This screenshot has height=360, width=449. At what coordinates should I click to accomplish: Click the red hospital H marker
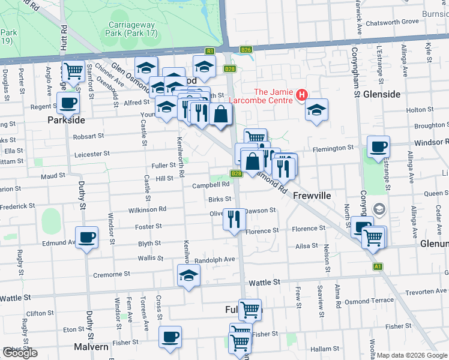pos(301,95)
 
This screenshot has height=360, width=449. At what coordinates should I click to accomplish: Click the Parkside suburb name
pos(66,120)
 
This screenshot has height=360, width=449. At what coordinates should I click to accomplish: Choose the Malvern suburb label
pos(91,347)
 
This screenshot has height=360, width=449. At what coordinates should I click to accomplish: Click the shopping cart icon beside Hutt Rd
pos(73,71)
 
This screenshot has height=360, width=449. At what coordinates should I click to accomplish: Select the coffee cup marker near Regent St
pos(68,102)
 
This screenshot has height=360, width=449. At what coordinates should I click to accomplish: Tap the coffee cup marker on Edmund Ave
pos(86,238)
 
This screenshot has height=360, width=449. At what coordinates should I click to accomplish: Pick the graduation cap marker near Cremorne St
pos(188,275)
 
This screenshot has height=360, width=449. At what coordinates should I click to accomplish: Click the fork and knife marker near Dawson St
pos(234,218)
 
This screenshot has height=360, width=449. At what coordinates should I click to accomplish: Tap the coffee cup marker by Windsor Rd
pos(378,146)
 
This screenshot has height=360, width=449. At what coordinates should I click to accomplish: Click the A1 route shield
pos(378,266)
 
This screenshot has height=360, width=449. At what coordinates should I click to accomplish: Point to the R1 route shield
pos(210,51)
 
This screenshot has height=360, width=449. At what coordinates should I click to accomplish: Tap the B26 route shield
pos(246,50)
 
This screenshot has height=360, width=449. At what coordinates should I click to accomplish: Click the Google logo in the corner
pos(20,353)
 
